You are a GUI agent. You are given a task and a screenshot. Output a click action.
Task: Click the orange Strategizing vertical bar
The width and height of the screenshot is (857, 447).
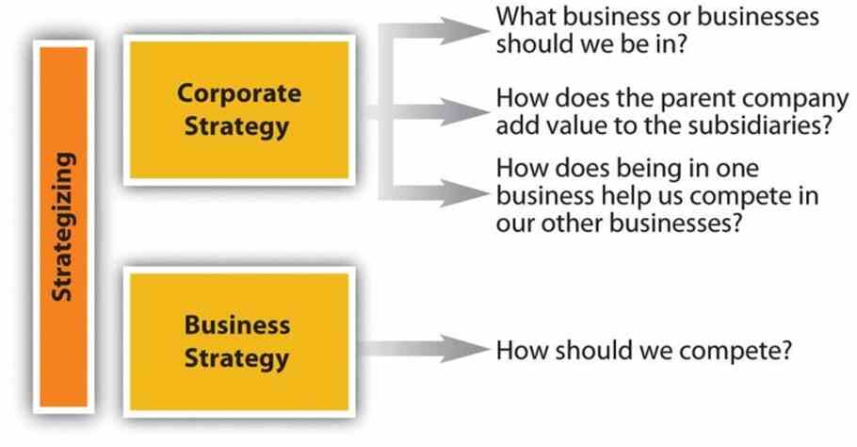(63, 226)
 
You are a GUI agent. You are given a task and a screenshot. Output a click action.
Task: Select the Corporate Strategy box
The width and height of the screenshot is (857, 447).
(239, 110)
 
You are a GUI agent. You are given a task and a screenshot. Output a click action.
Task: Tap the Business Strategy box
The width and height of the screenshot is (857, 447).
(239, 342)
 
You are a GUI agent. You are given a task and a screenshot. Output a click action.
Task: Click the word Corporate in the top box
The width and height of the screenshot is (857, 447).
(239, 94)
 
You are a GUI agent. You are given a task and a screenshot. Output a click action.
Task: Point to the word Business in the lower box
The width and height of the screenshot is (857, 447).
(237, 325)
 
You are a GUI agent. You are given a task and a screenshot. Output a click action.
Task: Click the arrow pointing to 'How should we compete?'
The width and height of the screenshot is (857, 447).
(424, 349)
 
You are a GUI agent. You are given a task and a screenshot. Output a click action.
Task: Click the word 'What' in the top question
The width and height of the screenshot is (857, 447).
(526, 16)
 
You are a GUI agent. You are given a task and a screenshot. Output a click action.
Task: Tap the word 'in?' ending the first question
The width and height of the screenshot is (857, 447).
(669, 43)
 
